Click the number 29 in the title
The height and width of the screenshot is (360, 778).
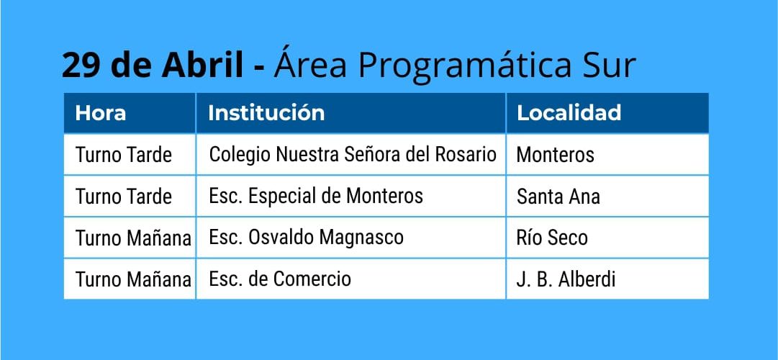81,65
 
